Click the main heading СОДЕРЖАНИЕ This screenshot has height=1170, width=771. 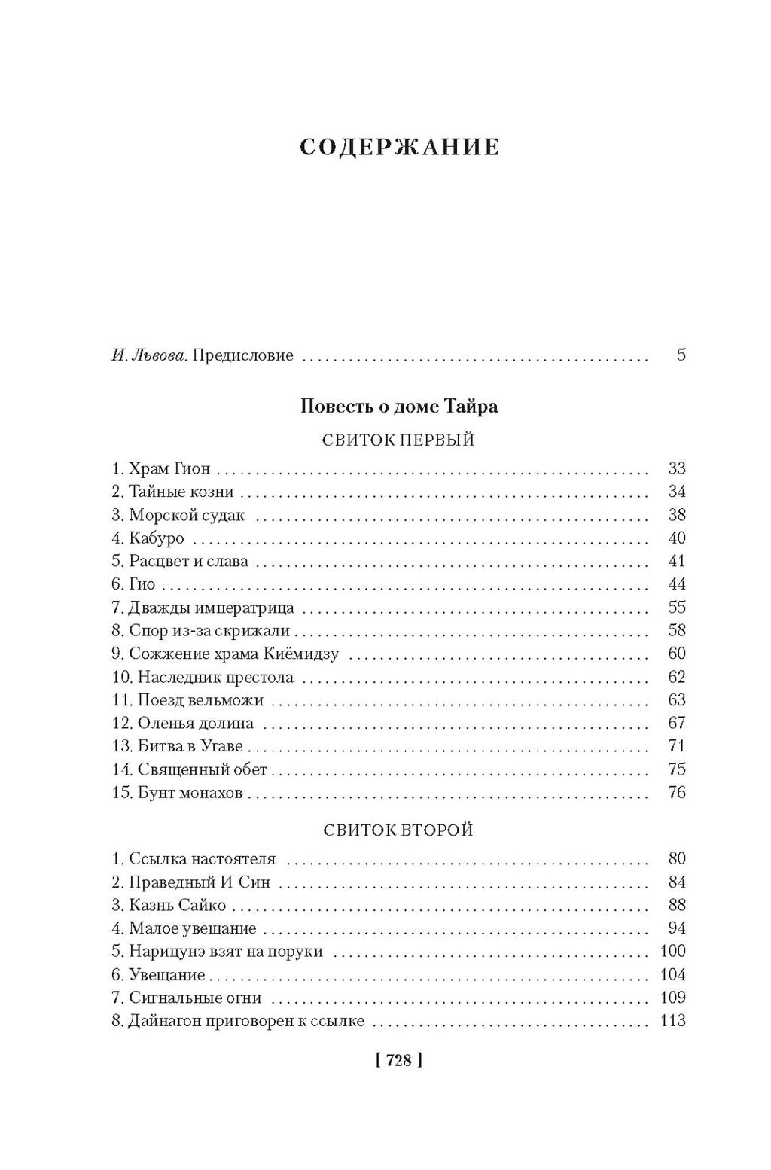pyautogui.click(x=399, y=147)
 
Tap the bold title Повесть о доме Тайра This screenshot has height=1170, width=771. pyautogui.click(x=399, y=407)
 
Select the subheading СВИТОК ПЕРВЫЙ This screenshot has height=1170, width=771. pyautogui.click(x=398, y=440)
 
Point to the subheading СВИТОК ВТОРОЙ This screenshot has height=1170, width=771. pyautogui.click(x=398, y=830)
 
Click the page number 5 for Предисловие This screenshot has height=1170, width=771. pyautogui.click(x=681, y=355)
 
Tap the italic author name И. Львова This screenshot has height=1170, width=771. pyautogui.click(x=149, y=355)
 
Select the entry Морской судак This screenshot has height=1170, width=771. pyautogui.click(x=187, y=516)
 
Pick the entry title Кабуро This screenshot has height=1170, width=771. pyautogui.click(x=157, y=538)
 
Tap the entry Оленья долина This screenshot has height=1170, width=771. pyautogui.click(x=196, y=724)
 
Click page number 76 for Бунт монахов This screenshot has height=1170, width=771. pyautogui.click(x=677, y=793)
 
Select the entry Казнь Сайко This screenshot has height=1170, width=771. pyautogui.click(x=178, y=906)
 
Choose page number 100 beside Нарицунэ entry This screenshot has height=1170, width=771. pyautogui.click(x=672, y=952)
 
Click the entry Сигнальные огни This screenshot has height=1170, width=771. pyautogui.click(x=195, y=998)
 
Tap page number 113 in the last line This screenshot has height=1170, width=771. pyautogui.click(x=672, y=1022)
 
